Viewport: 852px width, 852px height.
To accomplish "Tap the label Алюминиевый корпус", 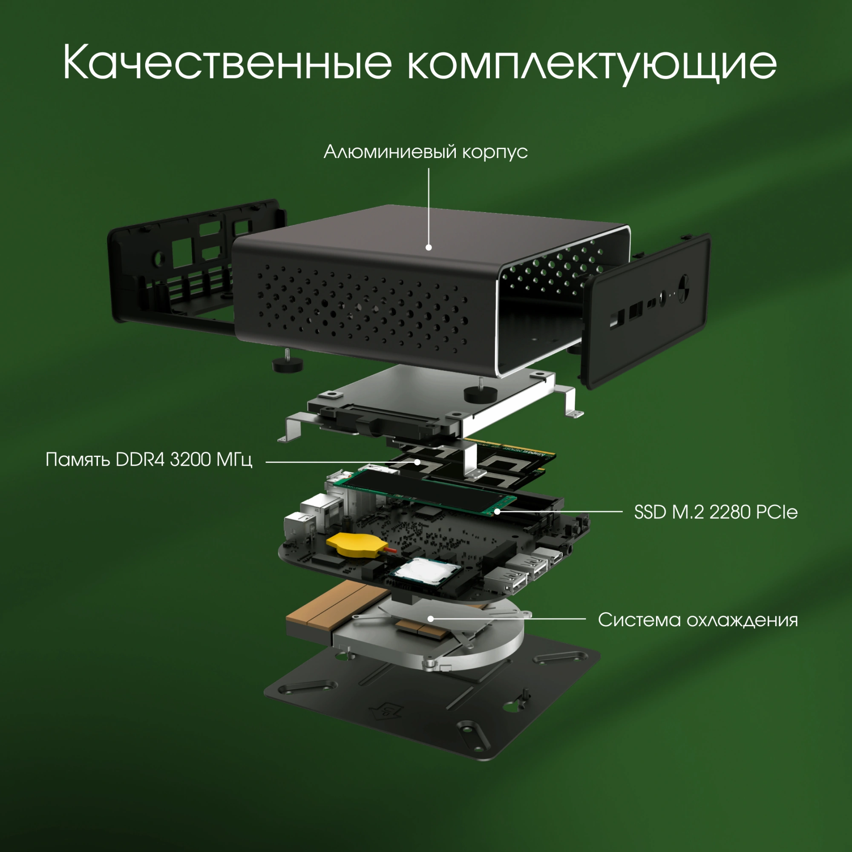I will click(x=426, y=152).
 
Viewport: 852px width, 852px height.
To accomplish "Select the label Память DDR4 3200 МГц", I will click(x=149, y=460).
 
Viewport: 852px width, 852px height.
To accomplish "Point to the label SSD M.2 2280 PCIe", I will click(x=715, y=512).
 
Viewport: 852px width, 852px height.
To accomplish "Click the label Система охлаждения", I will click(x=698, y=619).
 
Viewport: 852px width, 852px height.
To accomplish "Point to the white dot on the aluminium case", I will click(x=429, y=248).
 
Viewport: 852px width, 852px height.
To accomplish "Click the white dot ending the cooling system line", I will click(x=431, y=619).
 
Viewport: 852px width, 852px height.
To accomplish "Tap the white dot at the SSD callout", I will click(x=498, y=512).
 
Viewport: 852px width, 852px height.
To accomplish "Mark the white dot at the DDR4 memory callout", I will click(x=417, y=462).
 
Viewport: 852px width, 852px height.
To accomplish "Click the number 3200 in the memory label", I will click(x=190, y=460).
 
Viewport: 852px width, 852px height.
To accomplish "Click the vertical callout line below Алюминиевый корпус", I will click(x=429, y=203).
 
